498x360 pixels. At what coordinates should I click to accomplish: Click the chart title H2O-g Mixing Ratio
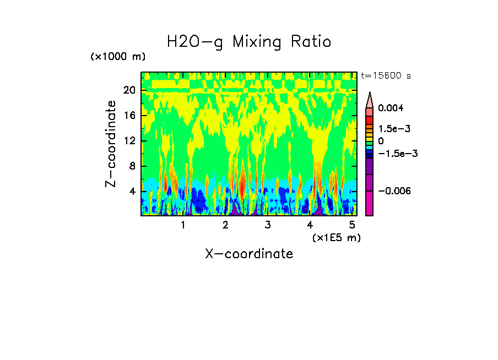249,42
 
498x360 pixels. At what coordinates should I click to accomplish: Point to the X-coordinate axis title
249,254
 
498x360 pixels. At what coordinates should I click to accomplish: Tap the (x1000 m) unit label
118,57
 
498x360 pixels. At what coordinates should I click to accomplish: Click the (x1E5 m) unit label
335,237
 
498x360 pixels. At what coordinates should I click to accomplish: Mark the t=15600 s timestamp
386,75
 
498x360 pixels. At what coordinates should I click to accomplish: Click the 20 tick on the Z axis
129,90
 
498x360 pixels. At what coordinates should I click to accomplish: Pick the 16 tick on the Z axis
129,116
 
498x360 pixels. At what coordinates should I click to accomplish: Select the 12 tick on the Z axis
129,141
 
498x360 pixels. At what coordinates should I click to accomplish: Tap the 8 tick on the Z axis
132,166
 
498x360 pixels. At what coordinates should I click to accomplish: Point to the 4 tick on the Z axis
132,192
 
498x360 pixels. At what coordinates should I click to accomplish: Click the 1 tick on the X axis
183,225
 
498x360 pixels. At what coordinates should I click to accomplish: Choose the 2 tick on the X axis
225,225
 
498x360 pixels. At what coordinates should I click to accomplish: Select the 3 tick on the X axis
267,225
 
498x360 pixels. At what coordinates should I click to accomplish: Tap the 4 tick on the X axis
310,225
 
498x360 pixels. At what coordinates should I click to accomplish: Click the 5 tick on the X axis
352,225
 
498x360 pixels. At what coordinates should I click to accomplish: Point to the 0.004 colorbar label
391,108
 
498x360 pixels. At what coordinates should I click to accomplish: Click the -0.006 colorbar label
393,191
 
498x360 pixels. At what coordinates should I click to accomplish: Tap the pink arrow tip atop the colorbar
370,98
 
